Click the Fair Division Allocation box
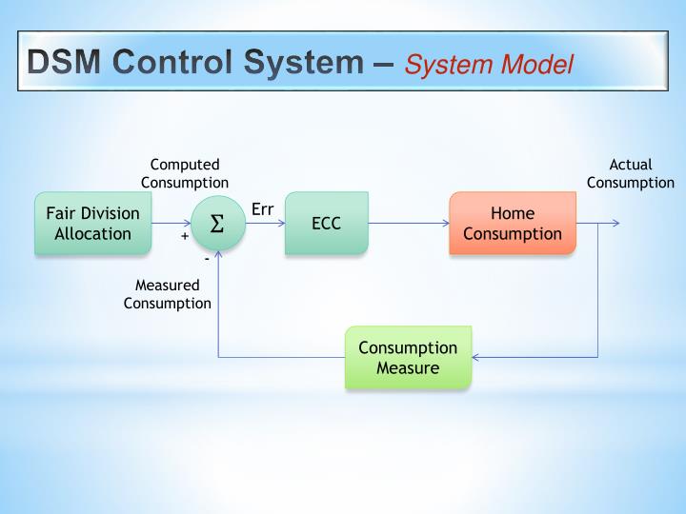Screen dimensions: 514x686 pyautogui.click(x=92, y=224)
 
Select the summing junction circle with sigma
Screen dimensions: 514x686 pyautogui.click(x=217, y=224)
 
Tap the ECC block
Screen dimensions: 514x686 pyautogui.click(x=326, y=224)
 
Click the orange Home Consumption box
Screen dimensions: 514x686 pyautogui.click(x=512, y=224)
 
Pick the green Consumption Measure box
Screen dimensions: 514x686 pyautogui.click(x=408, y=357)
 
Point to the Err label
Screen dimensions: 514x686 pyautogui.click(x=263, y=208)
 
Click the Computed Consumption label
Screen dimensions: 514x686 pyautogui.click(x=185, y=173)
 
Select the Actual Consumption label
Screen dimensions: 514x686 pyautogui.click(x=630, y=173)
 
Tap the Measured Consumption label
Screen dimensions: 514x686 pyautogui.click(x=168, y=294)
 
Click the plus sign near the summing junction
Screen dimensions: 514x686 pyautogui.click(x=185, y=237)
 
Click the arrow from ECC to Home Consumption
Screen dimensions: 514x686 pyautogui.click(x=409, y=224)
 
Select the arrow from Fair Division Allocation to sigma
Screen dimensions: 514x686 pyautogui.click(x=171, y=224)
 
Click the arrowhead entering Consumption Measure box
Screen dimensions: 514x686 pyautogui.click(x=476, y=357)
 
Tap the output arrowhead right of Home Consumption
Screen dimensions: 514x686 pyautogui.click(x=615, y=224)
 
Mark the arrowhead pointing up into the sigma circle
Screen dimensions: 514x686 pyautogui.click(x=218, y=254)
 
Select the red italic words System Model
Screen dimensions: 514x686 pyautogui.click(x=489, y=64)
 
